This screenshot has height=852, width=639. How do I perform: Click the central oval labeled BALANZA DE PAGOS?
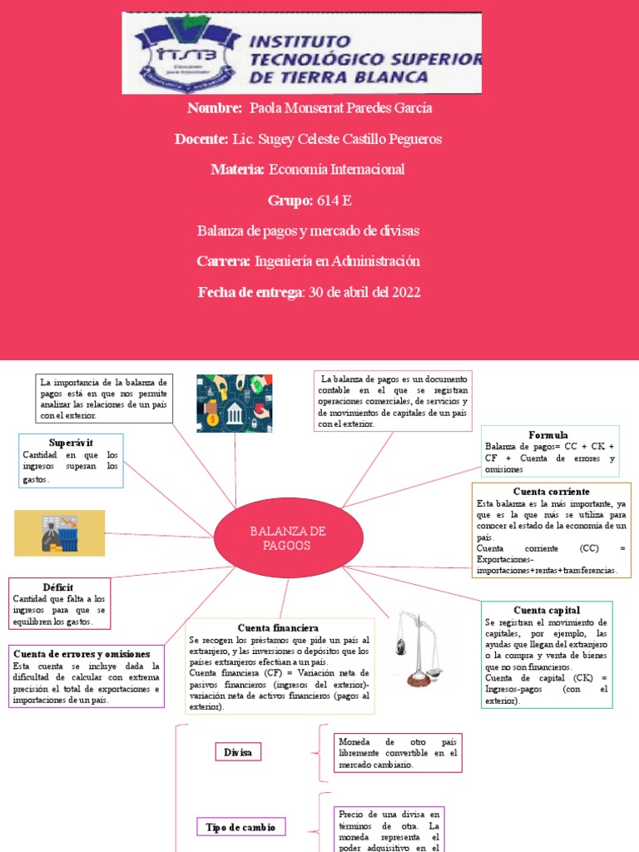(x=289, y=538)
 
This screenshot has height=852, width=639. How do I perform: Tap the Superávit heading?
(x=71, y=442)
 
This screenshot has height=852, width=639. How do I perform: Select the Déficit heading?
(x=57, y=587)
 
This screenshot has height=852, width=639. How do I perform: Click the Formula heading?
(x=548, y=434)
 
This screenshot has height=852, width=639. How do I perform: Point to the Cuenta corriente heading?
(x=551, y=491)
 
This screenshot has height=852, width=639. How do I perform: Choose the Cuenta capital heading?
(x=547, y=610)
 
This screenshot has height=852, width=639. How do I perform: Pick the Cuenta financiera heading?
(x=278, y=627)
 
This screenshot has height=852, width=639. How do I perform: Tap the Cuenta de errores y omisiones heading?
(x=82, y=654)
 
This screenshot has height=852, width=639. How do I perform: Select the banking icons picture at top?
(x=235, y=404)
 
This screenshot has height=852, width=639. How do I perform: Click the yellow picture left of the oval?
(x=60, y=532)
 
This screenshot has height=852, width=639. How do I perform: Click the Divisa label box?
(x=237, y=752)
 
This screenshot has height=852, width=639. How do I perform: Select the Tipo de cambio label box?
(x=241, y=826)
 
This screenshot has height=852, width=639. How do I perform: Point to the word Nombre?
(x=215, y=108)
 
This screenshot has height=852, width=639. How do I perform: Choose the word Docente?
(x=201, y=139)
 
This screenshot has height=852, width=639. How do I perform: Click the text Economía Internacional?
(x=336, y=170)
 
